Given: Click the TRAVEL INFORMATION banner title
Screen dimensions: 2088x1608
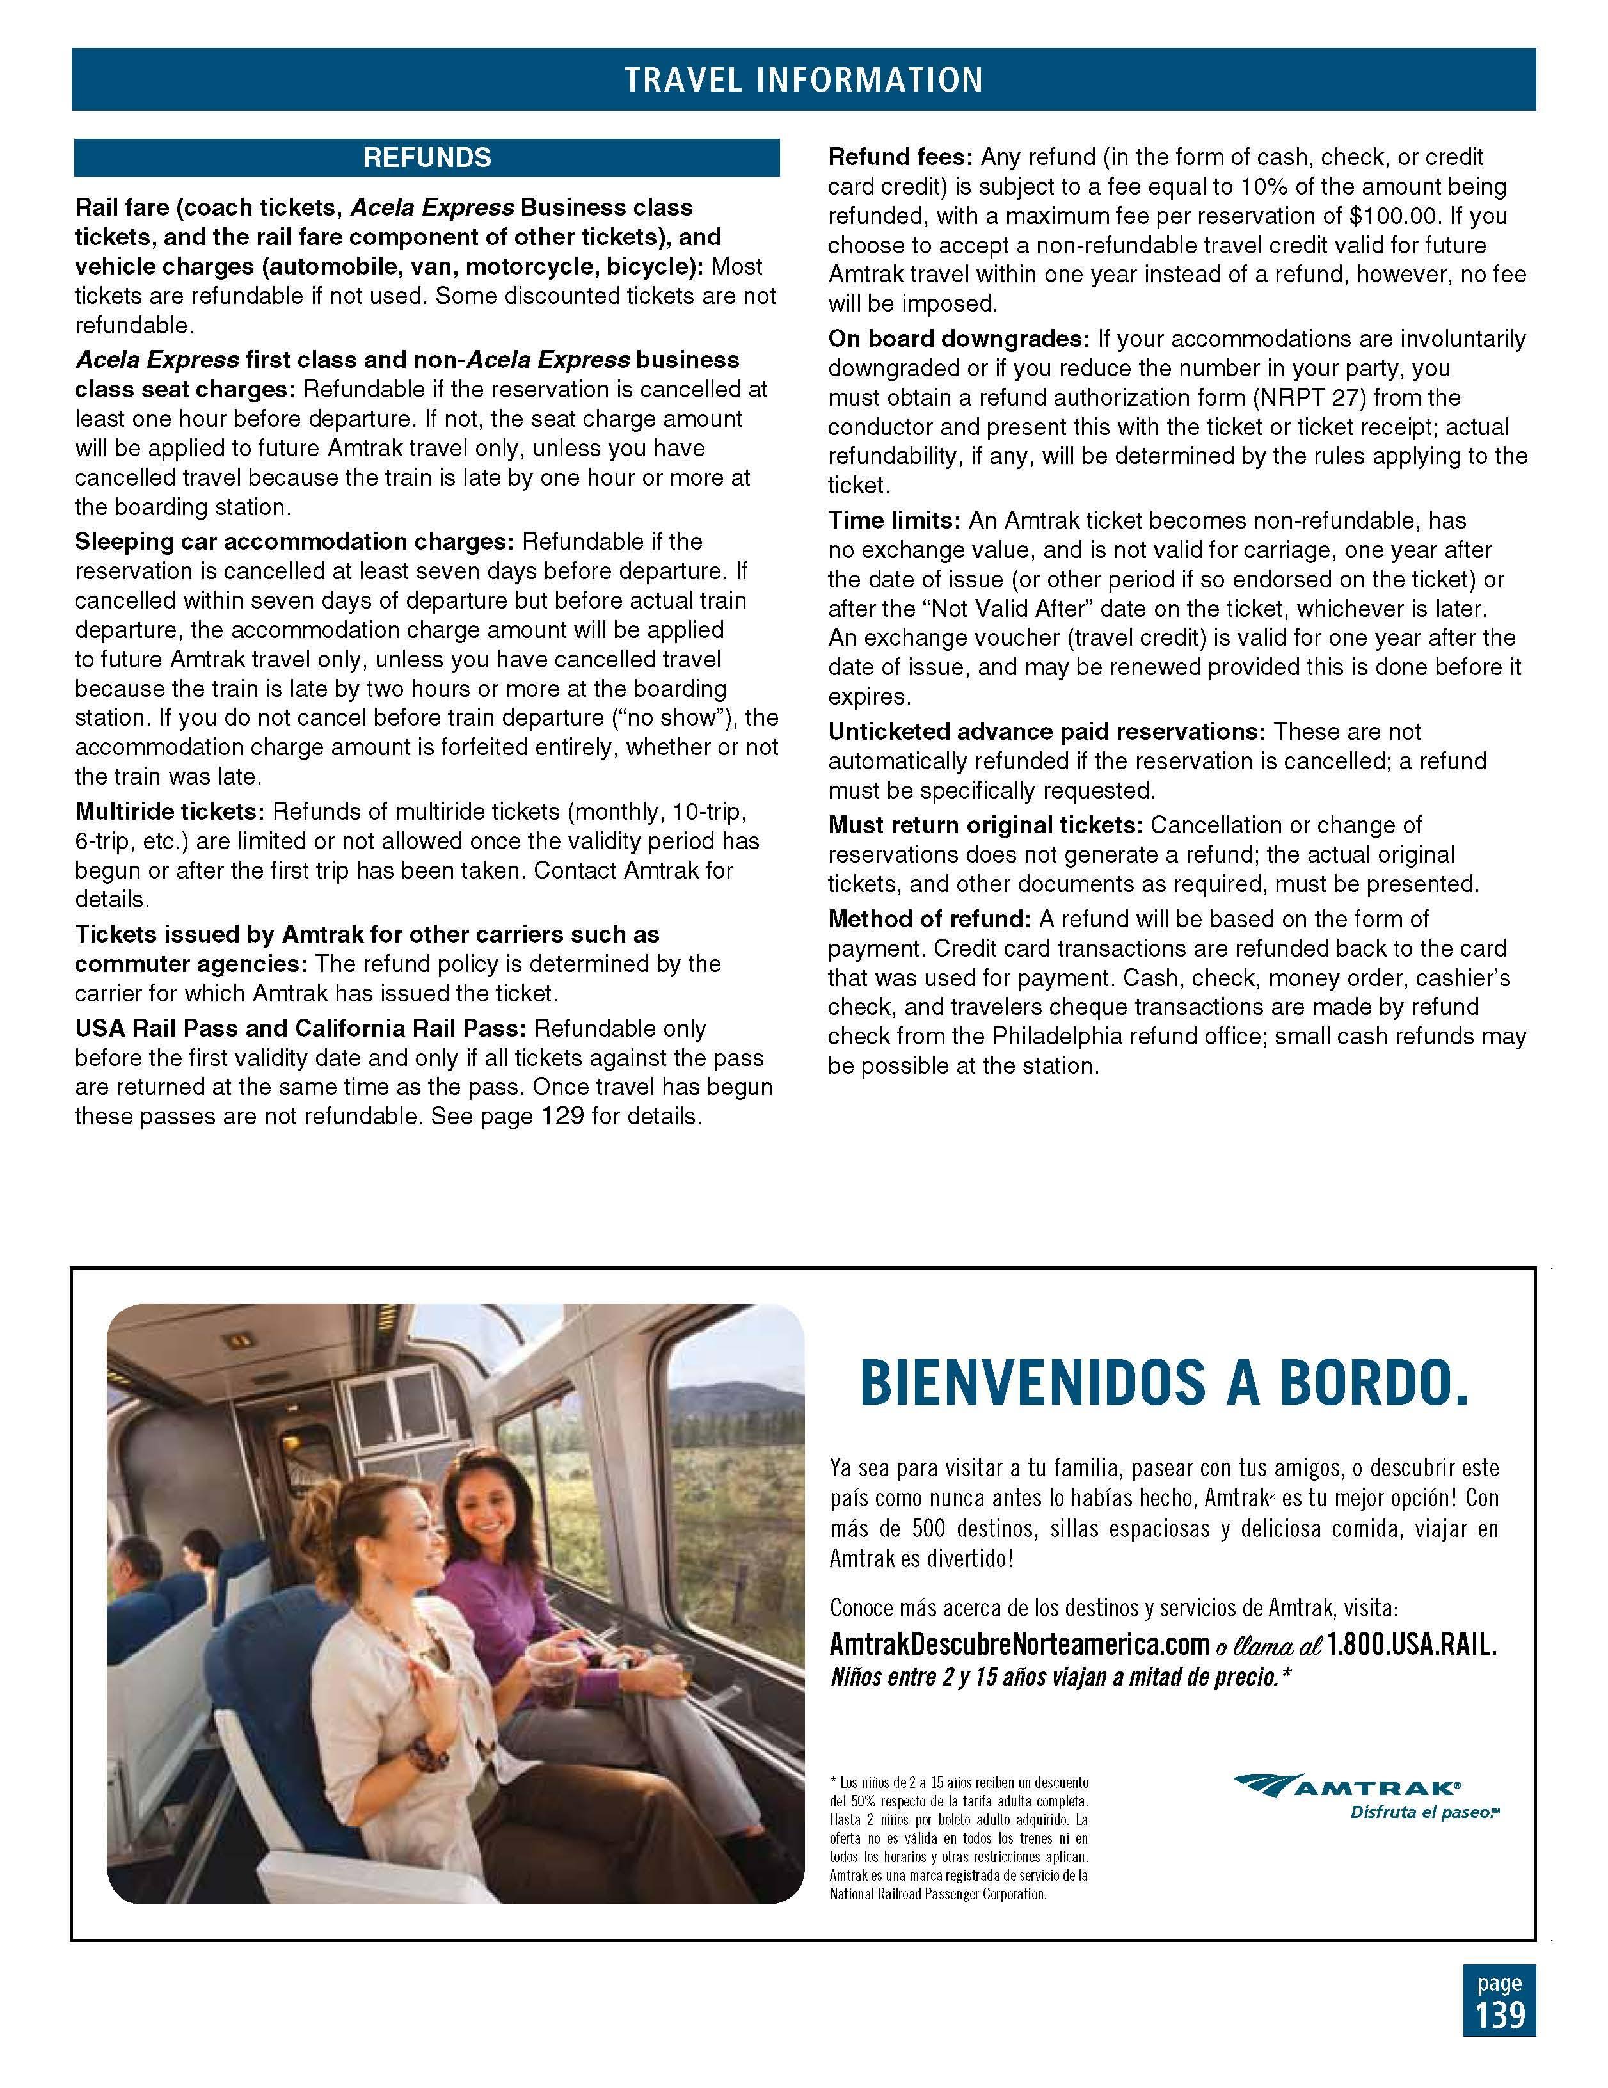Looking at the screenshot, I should (803, 79).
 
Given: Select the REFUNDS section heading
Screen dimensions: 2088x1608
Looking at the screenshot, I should (426, 158).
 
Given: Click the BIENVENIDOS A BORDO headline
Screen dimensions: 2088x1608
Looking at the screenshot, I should (1163, 1383).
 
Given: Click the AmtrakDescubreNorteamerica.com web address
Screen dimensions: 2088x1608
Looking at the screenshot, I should (1019, 1645).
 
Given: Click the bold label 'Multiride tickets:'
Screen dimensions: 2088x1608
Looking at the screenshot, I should (169, 811).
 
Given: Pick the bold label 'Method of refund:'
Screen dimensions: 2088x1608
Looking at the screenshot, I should (929, 920).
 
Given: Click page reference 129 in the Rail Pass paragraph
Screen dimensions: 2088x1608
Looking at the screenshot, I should (562, 1116).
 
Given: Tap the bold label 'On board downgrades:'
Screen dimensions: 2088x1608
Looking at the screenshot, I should (958, 339).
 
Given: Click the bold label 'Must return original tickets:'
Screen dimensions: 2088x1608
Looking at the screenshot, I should (985, 825).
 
